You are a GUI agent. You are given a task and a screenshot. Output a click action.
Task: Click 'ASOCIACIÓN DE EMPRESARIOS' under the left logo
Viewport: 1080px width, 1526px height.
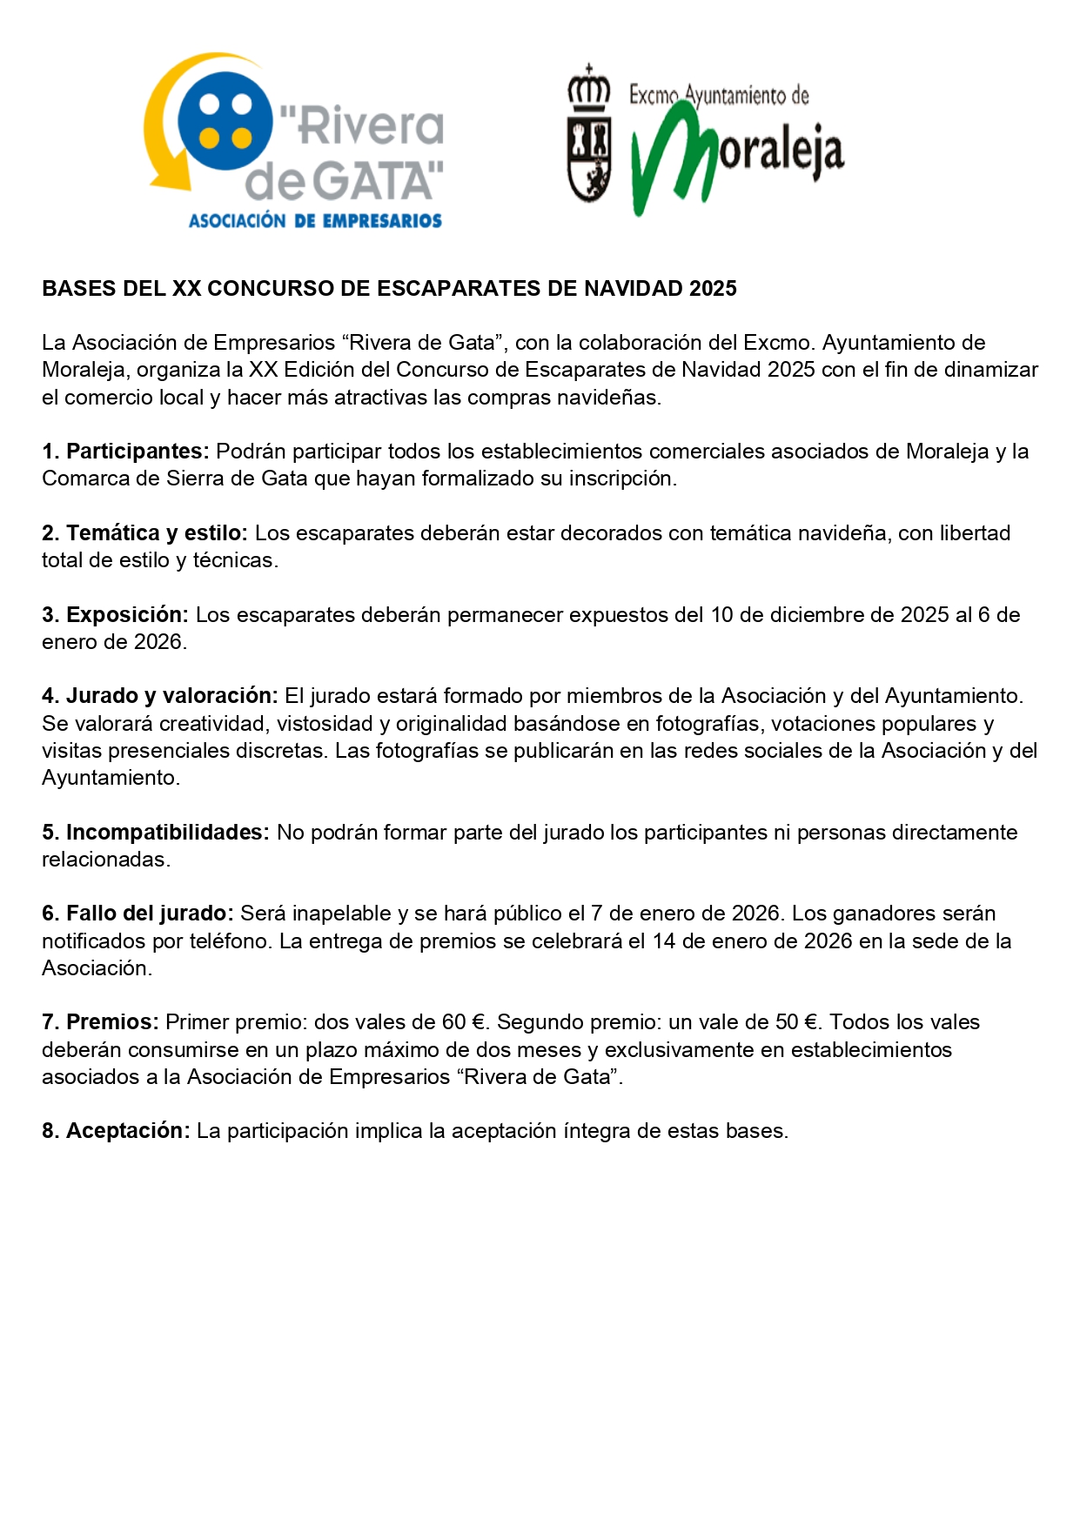315,221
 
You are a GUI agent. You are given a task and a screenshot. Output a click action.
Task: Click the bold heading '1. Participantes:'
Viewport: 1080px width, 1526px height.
125,452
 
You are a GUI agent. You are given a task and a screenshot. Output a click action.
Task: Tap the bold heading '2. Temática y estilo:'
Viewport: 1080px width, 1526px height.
144,533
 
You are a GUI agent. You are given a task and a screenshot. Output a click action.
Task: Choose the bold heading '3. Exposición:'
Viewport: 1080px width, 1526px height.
115,615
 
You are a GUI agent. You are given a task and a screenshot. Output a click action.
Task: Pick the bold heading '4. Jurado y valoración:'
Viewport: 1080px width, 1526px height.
159,696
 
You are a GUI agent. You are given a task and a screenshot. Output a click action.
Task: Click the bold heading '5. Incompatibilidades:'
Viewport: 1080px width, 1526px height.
156,833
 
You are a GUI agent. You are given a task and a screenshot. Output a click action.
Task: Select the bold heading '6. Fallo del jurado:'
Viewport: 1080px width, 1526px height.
138,914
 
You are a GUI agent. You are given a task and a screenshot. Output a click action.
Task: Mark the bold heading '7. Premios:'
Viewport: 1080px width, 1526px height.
100,1022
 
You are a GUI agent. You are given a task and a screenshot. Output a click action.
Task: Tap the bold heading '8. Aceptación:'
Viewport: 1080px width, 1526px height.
116,1131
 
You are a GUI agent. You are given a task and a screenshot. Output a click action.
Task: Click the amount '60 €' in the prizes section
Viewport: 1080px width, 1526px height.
465,1022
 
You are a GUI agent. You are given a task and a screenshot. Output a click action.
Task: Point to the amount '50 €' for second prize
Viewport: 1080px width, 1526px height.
798,1022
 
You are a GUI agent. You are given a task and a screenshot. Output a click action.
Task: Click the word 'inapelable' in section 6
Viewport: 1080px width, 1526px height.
340,914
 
